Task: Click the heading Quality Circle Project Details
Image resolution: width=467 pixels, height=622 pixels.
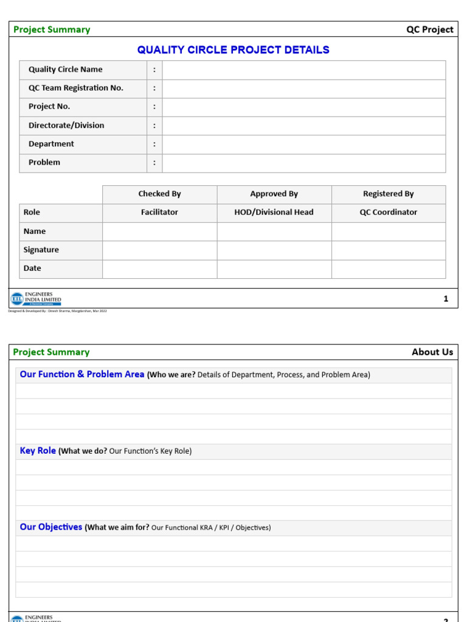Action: pos(233,50)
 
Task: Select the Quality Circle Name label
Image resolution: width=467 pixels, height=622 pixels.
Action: pos(65,69)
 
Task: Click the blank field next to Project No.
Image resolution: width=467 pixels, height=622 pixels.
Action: pos(303,106)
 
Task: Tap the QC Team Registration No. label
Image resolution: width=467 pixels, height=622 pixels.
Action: pos(75,88)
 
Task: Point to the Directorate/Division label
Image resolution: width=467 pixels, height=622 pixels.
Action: pos(66,125)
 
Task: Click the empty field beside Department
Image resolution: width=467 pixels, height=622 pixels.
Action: pos(303,144)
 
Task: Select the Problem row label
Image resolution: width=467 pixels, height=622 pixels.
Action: pos(44,162)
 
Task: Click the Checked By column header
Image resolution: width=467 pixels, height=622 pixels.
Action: pos(159,194)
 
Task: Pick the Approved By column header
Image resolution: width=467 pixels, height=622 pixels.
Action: pos(274,194)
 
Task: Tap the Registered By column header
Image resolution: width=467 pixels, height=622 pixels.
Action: pos(388,194)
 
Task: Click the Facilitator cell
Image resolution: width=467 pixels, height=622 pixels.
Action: pos(159,212)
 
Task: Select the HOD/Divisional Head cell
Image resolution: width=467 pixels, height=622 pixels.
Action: pos(274,212)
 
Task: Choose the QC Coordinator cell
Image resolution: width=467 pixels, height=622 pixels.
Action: pos(388,212)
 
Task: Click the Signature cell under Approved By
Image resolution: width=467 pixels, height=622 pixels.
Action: pos(274,250)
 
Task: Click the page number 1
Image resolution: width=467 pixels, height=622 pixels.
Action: pos(446,299)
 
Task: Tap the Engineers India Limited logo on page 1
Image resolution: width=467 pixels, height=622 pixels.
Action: pos(36,298)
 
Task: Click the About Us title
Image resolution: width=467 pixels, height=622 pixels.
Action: pos(432,352)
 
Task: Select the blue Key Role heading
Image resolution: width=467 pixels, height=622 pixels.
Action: pos(38,451)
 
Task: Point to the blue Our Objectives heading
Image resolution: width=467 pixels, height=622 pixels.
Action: pos(50,527)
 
